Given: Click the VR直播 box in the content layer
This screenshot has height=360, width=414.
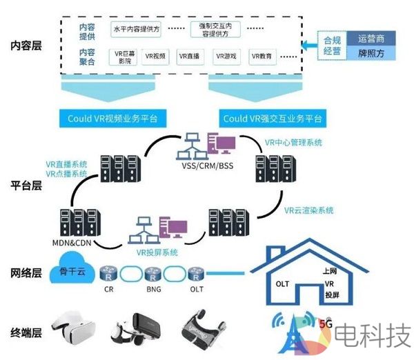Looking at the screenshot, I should (x=189, y=56).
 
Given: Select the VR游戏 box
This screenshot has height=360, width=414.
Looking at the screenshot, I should (x=225, y=56).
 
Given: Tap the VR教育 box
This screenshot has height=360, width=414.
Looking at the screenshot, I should (x=262, y=56).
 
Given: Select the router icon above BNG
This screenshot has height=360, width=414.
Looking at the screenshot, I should (x=154, y=273).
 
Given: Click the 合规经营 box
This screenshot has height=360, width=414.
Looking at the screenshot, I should (x=332, y=45).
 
